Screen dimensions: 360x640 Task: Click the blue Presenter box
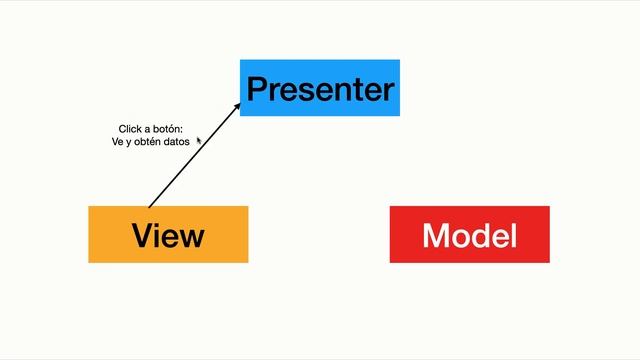pos(320,88)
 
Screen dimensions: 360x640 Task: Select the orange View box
pos(168,234)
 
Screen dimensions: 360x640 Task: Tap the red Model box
pos(469,234)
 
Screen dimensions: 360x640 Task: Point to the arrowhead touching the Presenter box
pos(237,103)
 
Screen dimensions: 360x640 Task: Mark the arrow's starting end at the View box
pos(149,206)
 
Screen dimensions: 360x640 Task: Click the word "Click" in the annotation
pos(130,129)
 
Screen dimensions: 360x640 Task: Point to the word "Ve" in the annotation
pos(117,142)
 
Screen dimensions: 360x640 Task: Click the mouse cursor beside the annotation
pos(199,140)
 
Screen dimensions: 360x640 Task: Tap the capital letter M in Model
pos(438,235)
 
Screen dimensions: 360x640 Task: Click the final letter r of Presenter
pos(388,91)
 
